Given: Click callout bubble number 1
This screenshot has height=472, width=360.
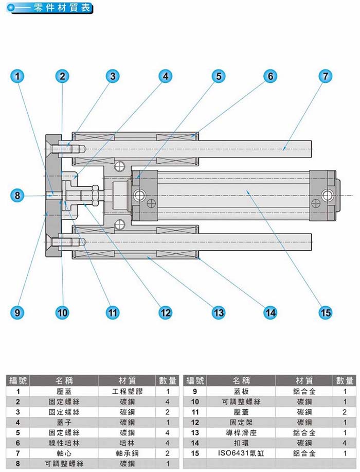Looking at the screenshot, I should pyautogui.click(x=18, y=76).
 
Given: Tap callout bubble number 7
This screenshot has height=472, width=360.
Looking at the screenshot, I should pyautogui.click(x=325, y=76).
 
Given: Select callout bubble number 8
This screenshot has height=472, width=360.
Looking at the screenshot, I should pyautogui.click(x=18, y=196).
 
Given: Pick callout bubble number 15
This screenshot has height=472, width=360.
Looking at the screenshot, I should pyautogui.click(x=325, y=312).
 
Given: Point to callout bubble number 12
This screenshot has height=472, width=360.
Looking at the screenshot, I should pyautogui.click(x=165, y=312).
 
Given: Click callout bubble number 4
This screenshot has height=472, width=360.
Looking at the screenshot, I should pyautogui.click(x=165, y=76).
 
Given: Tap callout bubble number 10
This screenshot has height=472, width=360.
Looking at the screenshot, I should pyautogui.click(x=62, y=312).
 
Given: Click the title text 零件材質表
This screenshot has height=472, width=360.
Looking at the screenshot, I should pyautogui.click(x=62, y=9).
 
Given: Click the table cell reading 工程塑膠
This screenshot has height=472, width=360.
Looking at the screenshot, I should pyautogui.click(x=127, y=391).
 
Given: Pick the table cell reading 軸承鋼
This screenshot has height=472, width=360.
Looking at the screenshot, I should pyautogui.click(x=127, y=453).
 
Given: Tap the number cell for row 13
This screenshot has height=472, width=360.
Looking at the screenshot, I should pyautogui.click(x=195, y=432).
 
